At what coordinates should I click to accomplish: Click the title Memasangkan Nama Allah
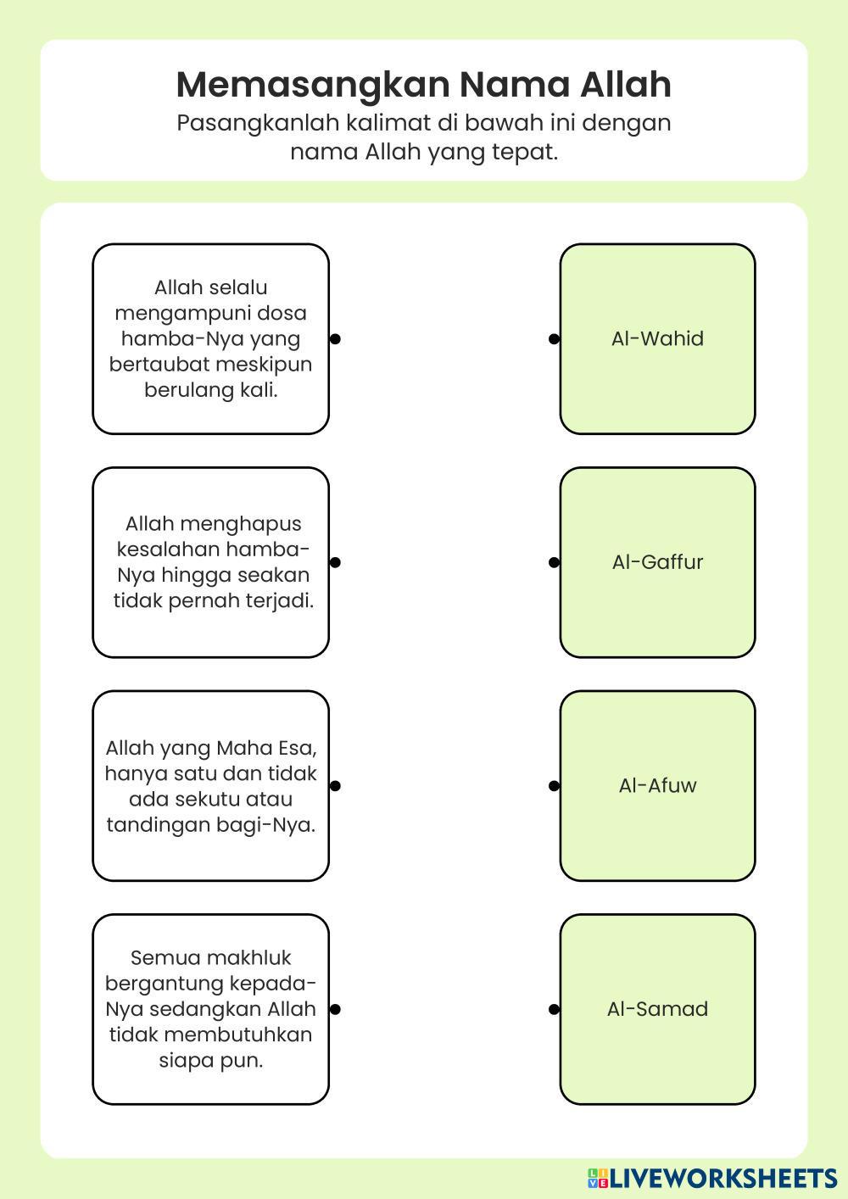pos(423,85)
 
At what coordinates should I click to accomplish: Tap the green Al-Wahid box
pos(657,339)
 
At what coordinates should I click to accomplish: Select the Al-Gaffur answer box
pos(657,562)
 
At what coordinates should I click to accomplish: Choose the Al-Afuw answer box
pos(657,785)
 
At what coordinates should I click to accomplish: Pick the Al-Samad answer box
pos(657,1009)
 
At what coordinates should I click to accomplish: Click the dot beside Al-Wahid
pos(554,339)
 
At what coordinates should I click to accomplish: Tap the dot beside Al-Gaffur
pos(554,562)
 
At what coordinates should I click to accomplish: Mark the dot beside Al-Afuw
pos(554,786)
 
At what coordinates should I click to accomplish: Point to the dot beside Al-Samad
pos(554,1009)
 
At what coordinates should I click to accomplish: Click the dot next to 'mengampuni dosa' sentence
pos(335,339)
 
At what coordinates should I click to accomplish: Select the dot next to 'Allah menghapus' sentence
pos(335,562)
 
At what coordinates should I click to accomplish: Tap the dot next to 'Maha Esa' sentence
pos(335,786)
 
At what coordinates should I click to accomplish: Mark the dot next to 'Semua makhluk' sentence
pos(335,1009)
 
